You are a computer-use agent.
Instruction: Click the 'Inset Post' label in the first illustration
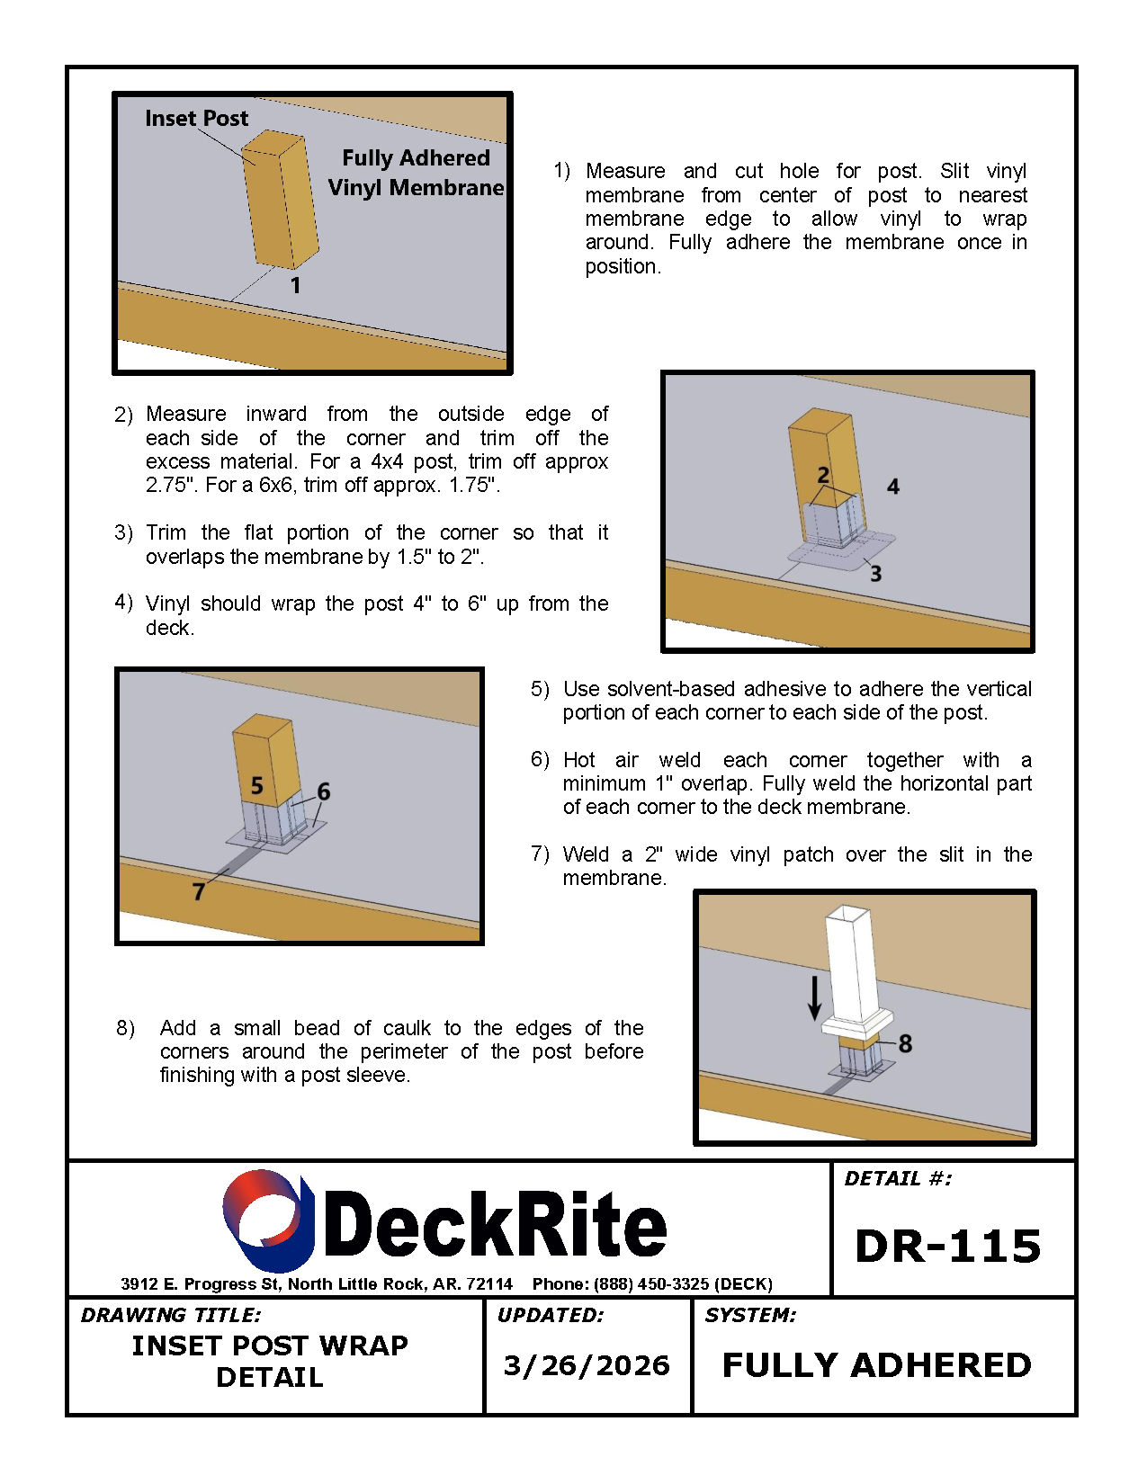197,119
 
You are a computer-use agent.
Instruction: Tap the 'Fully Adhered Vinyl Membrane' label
416,173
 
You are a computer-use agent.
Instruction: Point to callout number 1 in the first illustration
295,285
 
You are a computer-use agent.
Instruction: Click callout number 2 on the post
823,475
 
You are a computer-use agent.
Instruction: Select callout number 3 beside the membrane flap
876,574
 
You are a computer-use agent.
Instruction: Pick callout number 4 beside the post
893,487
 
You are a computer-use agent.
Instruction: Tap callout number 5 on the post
257,785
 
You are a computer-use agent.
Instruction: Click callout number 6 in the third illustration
324,791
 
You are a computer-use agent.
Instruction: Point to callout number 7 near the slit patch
198,892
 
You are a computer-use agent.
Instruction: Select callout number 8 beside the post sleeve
905,1043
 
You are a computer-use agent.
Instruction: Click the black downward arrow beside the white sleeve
814,997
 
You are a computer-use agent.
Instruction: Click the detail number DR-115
948,1247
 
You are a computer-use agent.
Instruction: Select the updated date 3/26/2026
587,1366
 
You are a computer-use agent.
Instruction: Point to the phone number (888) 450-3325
651,1284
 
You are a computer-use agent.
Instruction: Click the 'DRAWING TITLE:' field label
171,1315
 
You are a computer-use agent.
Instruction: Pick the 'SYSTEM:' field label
750,1315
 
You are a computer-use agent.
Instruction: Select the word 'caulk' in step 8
408,1028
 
